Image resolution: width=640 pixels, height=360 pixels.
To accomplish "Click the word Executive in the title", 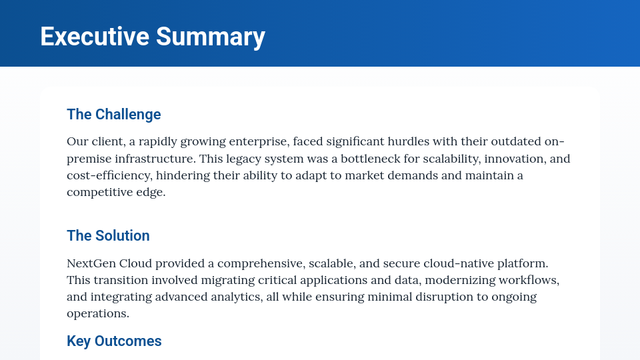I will pos(95,36).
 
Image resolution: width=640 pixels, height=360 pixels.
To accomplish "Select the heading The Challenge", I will pos(114,114).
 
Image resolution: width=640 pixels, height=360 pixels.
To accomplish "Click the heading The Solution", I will pos(108,235).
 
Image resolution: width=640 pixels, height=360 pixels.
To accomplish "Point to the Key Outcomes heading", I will pos(114,341).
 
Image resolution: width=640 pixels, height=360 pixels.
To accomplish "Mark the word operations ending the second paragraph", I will pos(97,313).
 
